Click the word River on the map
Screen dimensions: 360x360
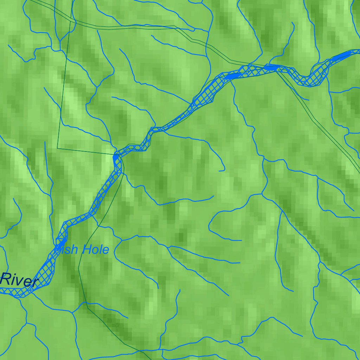[19, 281]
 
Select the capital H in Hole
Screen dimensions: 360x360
[86, 250]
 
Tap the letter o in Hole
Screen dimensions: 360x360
[94, 251]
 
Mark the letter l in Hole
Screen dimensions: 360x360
[100, 250]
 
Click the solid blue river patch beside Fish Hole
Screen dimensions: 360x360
[62, 243]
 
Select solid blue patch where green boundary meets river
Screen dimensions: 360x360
[116, 158]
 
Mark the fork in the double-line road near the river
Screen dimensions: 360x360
[278, 70]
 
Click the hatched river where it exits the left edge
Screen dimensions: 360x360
[2, 291]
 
